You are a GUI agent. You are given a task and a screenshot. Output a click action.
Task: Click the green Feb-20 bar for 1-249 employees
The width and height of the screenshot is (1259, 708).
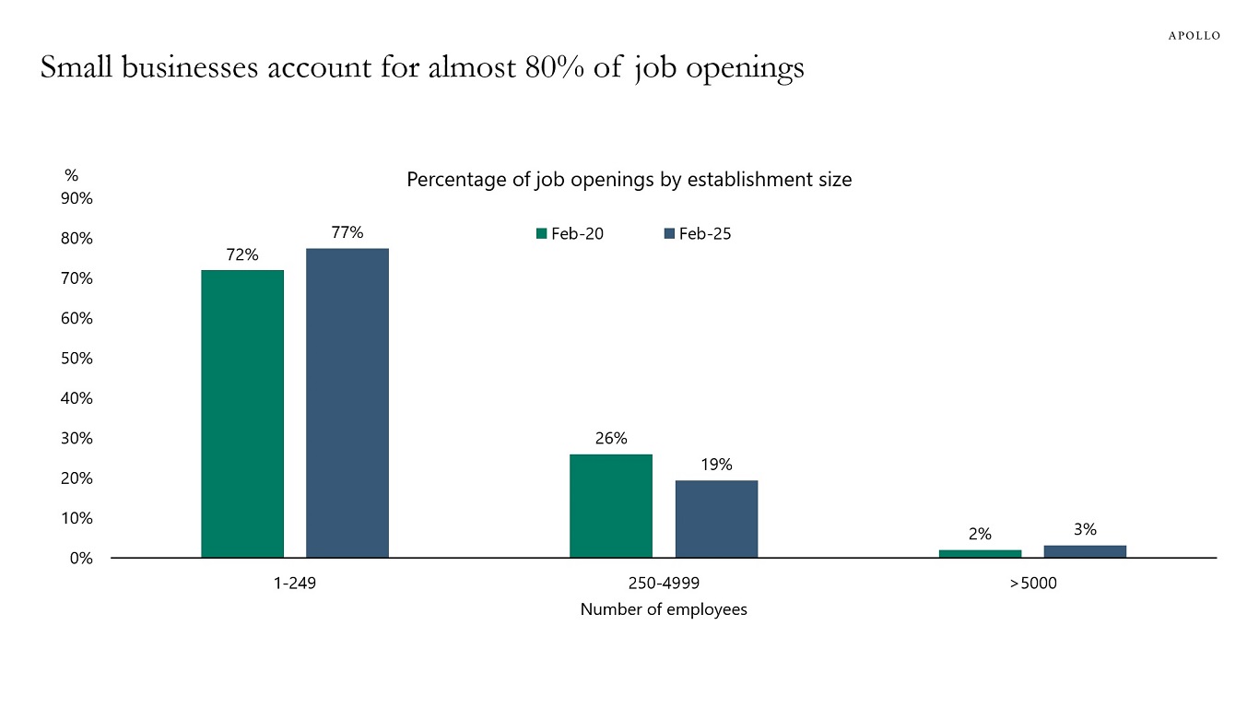(242, 414)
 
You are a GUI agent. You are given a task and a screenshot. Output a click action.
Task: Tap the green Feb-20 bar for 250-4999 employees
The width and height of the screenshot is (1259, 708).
(611, 506)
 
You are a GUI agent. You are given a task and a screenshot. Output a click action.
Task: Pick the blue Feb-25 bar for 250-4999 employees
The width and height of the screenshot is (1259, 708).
(716, 519)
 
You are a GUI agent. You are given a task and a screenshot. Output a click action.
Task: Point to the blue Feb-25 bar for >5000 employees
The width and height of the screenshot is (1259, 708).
(1085, 551)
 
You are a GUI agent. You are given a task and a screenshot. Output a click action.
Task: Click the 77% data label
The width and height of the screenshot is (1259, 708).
(347, 232)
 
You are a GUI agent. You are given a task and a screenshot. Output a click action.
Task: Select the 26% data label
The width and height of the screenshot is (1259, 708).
(611, 439)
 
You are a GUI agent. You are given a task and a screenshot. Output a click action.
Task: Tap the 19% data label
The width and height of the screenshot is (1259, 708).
(716, 465)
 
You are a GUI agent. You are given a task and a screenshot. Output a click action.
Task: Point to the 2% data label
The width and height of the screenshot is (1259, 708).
(980, 534)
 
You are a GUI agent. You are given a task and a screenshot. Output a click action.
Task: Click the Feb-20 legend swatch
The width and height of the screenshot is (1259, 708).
(542, 234)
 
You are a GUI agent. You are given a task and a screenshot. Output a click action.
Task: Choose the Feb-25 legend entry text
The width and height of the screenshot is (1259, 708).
(705, 234)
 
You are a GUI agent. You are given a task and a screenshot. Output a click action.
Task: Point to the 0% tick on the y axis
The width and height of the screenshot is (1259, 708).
(81, 558)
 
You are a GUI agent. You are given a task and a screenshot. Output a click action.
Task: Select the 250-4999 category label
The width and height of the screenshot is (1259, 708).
(664, 584)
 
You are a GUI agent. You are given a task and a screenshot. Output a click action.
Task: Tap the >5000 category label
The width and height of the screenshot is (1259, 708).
(1032, 584)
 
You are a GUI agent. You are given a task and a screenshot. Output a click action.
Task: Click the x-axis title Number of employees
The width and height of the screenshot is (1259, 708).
(664, 609)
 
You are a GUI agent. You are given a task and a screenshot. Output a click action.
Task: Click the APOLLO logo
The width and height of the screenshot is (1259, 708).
(1194, 36)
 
